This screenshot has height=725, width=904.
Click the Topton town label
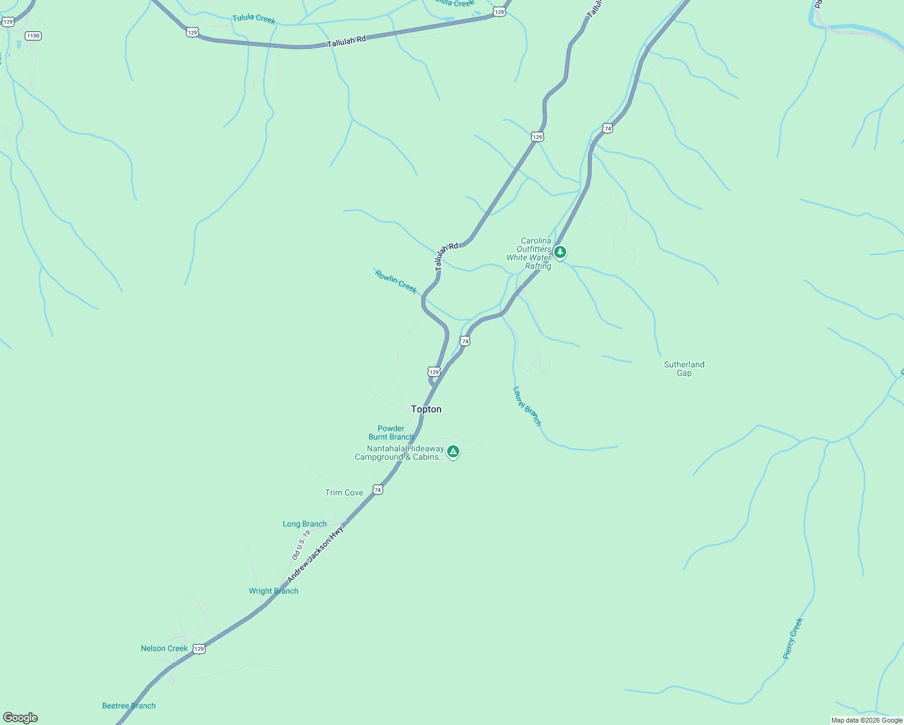(x=426, y=409)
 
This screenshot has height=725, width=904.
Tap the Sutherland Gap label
(x=684, y=369)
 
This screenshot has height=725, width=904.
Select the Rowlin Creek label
(x=396, y=282)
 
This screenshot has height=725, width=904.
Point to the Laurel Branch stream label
(x=527, y=407)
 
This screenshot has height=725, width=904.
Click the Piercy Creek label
(x=793, y=638)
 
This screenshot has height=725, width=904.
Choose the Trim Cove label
(x=344, y=492)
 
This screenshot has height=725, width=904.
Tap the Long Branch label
(x=305, y=524)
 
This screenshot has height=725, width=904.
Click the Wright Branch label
(x=274, y=591)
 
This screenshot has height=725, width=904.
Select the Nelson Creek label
(x=164, y=648)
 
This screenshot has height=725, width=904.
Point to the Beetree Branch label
(x=129, y=706)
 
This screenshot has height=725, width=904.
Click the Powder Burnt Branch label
(x=391, y=433)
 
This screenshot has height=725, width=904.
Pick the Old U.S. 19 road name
(x=301, y=544)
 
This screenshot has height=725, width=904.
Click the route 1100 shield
(x=33, y=36)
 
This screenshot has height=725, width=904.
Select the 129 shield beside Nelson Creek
(x=199, y=649)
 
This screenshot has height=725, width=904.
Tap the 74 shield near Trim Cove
(x=378, y=489)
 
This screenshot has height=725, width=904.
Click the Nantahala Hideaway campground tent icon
(x=453, y=451)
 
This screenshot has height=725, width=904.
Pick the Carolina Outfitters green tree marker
(x=560, y=252)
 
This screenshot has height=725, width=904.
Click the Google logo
(x=21, y=718)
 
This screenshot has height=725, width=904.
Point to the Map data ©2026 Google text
(x=867, y=720)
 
